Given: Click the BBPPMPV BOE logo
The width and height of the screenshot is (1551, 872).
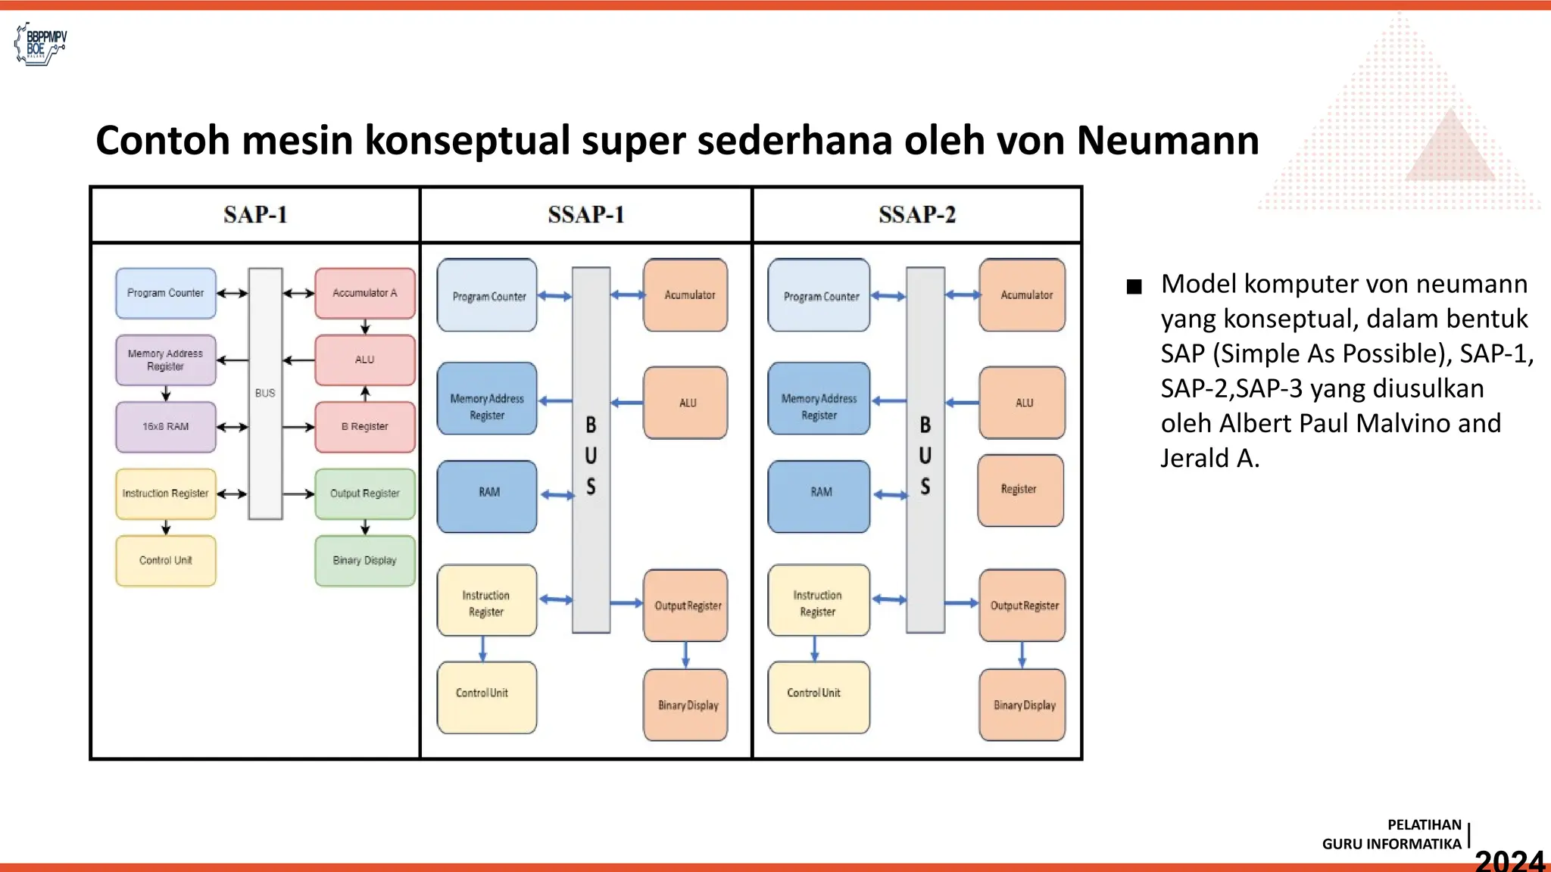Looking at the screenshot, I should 41,44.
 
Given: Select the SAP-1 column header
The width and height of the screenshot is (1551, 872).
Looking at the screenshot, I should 255,215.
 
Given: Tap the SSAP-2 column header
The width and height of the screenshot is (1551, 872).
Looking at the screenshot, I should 917,215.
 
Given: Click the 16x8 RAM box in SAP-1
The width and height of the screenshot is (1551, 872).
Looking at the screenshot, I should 166,427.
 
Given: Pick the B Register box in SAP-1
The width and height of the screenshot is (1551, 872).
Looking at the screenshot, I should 365,427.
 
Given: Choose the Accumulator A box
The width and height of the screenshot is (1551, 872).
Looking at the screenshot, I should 365,293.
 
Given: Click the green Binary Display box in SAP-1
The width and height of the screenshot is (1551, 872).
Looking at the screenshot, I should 365,561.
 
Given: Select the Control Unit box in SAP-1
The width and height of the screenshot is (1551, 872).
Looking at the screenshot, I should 166,561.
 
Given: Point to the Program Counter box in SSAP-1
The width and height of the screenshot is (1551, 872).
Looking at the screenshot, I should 488,296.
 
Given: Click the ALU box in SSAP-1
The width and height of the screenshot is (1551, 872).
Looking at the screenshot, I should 686,403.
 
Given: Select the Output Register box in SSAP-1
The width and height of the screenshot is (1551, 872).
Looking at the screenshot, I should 686,606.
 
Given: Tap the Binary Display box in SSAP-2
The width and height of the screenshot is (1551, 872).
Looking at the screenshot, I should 1023,705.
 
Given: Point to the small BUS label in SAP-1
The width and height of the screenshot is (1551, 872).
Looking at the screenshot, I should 265,394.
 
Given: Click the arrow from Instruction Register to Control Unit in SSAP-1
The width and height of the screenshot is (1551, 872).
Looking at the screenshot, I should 483,649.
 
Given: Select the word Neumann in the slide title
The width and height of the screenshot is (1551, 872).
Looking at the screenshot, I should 1167,141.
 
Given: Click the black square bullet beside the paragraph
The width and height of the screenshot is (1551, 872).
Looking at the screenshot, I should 1134,287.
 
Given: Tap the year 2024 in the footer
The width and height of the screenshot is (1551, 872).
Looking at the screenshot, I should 1509,860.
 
